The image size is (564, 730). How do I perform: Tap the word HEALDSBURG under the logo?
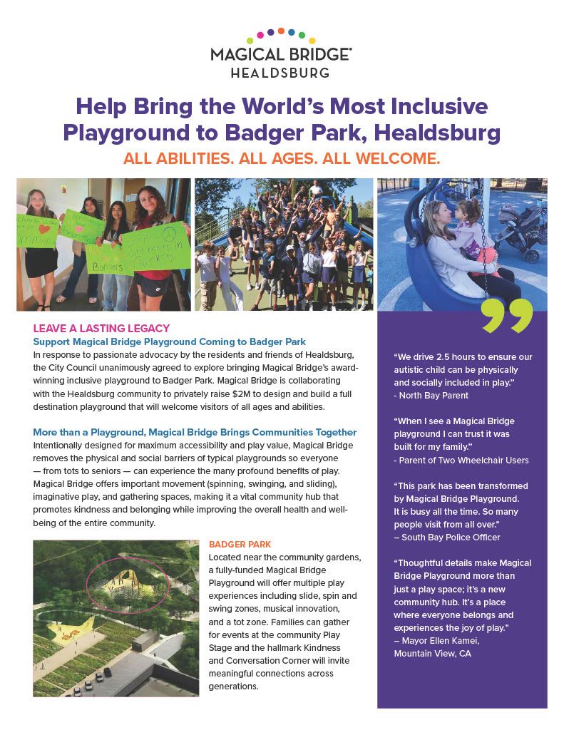pyautogui.click(x=281, y=73)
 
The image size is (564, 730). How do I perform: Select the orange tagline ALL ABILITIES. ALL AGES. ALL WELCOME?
pyautogui.click(x=282, y=158)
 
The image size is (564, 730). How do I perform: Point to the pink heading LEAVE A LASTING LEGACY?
pyautogui.click(x=101, y=329)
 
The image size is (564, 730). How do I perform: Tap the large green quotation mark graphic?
pyautogui.click(x=507, y=316)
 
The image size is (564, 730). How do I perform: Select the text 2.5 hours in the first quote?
pyautogui.click(x=451, y=356)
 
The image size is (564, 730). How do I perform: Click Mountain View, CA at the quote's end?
pyautogui.click(x=432, y=653)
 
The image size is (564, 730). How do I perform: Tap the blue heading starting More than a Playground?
pyautogui.click(x=195, y=433)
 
